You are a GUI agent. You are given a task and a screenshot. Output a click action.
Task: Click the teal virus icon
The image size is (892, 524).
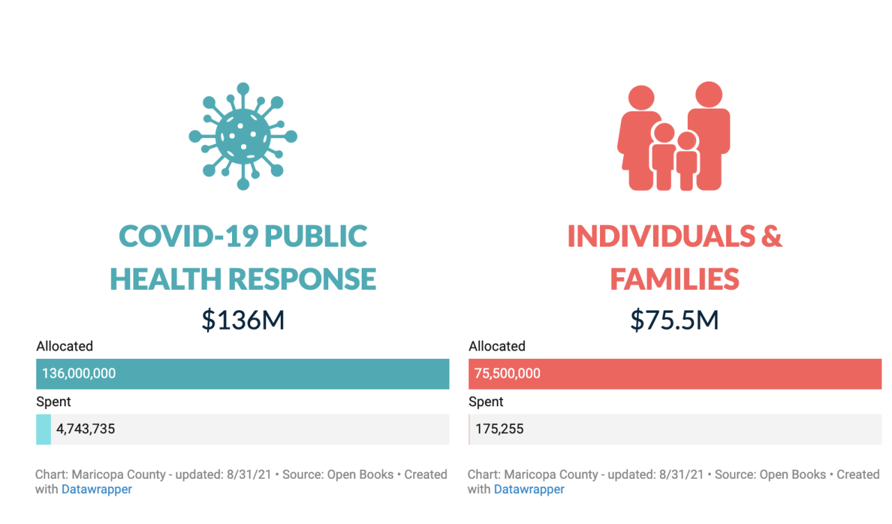pyautogui.click(x=243, y=136)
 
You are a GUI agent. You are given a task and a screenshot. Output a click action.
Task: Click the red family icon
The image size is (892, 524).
pyautogui.click(x=674, y=137)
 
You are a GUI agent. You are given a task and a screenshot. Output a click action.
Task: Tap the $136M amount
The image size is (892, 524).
pyautogui.click(x=243, y=320)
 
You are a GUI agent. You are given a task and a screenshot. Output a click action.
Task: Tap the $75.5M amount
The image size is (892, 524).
pyautogui.click(x=674, y=320)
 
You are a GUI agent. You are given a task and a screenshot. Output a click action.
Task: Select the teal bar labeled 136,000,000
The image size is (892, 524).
pyautogui.click(x=243, y=373)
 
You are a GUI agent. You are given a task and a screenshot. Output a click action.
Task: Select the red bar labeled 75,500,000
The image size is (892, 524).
pyautogui.click(x=675, y=373)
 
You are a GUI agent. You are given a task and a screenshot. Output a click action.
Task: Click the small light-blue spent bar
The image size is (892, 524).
pyautogui.click(x=43, y=429)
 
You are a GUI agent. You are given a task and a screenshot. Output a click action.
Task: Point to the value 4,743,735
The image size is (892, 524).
pyautogui.click(x=86, y=429)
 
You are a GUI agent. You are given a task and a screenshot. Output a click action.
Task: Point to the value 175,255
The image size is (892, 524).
pyautogui.click(x=500, y=429)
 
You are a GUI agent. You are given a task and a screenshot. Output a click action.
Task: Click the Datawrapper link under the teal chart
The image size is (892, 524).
pyautogui.click(x=97, y=489)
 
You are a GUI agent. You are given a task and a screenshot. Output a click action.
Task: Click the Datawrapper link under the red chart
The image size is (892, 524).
pyautogui.click(x=529, y=489)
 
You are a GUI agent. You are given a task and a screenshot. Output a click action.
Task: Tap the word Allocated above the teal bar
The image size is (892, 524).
pyautogui.click(x=65, y=346)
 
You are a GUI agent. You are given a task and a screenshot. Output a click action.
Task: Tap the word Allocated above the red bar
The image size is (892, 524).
pyautogui.click(x=497, y=346)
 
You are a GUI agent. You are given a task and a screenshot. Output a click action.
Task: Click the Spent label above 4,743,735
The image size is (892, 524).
pyautogui.click(x=54, y=402)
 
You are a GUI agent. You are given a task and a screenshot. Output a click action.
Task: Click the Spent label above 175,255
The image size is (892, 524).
pyautogui.click(x=486, y=402)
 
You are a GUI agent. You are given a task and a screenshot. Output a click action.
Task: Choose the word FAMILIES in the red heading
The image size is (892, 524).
pyautogui.click(x=674, y=279)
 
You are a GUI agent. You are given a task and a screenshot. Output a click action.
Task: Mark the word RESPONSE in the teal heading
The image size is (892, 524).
pyautogui.click(x=302, y=279)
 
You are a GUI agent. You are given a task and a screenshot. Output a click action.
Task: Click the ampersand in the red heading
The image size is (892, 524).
pyautogui.click(x=771, y=237)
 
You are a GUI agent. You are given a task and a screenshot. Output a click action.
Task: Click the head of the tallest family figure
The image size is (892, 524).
pyautogui.click(x=708, y=95)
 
